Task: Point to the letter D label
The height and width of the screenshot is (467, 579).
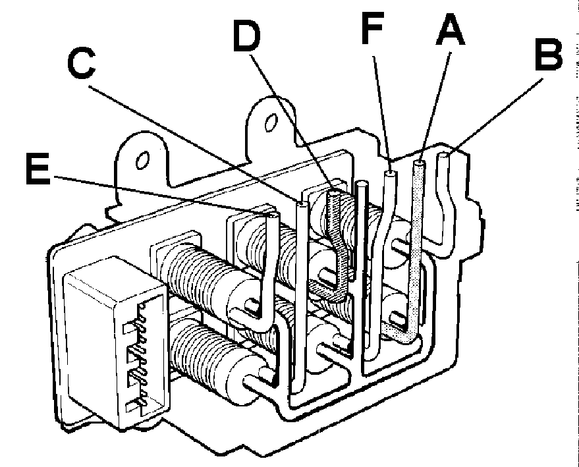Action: pos(246,36)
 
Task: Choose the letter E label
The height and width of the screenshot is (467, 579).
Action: pos(38,169)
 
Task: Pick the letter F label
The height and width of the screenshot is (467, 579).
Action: pos(373,28)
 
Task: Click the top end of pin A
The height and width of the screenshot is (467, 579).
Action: pos(419,163)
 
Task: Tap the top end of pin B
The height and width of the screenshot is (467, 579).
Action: pos(443,156)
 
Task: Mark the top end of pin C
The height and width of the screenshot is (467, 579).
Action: pos(302,204)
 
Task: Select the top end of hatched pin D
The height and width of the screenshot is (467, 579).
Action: pos(334,193)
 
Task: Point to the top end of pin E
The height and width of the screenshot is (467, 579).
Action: pos(273,215)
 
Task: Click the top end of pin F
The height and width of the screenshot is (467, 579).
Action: pos(390,173)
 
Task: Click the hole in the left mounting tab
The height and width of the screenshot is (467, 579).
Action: pos(142,160)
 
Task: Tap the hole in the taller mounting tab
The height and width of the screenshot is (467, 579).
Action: pos(271,123)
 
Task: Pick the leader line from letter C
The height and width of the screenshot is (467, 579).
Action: pos(194,144)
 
